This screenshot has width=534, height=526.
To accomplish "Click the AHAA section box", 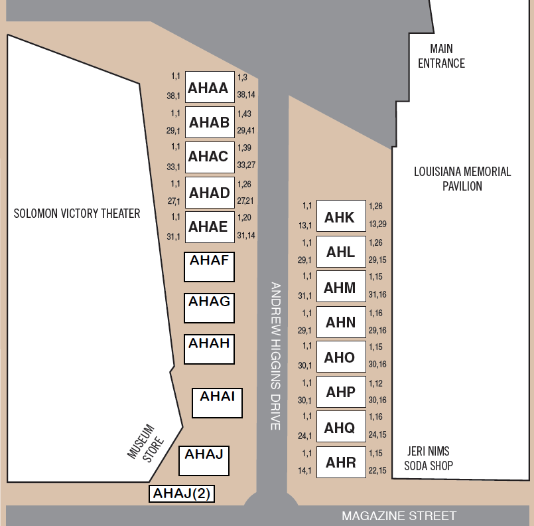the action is [x=210, y=87].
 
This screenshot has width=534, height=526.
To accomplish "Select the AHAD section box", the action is [x=210, y=193].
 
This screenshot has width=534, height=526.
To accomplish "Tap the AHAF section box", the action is [x=209, y=267].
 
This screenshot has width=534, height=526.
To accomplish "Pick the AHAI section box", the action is [x=218, y=403].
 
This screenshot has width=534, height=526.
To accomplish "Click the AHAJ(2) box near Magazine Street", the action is [x=182, y=493].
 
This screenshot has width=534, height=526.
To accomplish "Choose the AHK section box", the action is [x=341, y=216].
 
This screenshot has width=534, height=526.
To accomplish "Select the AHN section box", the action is [x=341, y=322].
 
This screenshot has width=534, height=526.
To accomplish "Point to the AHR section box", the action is [x=341, y=462].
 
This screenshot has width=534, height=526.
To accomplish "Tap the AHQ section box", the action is [x=341, y=426].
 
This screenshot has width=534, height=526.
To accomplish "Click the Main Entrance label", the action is [x=441, y=56].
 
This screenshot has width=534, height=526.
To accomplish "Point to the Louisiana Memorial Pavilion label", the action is [x=462, y=179].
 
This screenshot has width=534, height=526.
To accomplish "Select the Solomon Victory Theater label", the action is [x=77, y=213].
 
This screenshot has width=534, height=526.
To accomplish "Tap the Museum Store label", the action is [x=146, y=443].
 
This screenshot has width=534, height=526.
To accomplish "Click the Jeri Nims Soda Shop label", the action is [x=429, y=458].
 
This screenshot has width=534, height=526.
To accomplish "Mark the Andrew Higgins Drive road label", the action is [x=275, y=356].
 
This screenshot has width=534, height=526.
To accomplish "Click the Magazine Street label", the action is [x=399, y=516].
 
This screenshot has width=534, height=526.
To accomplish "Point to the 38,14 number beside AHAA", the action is [x=246, y=94].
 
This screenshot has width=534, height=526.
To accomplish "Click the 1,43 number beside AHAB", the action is [x=244, y=114].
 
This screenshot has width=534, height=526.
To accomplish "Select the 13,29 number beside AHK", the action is [x=377, y=224].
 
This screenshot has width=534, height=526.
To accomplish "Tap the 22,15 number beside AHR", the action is [x=377, y=470].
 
